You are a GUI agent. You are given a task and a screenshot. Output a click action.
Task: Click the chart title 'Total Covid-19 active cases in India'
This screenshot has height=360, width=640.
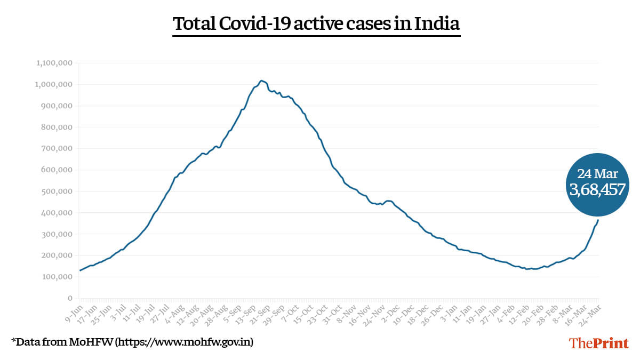click(316, 25)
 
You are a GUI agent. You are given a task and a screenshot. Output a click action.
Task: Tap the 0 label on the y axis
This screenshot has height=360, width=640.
click(69, 298)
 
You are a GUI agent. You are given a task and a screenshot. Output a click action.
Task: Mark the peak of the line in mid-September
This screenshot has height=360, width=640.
click(261, 81)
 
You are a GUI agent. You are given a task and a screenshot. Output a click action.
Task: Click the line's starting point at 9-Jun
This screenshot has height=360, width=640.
click(80, 270)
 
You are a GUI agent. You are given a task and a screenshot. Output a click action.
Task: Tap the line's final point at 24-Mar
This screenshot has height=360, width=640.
click(598, 220)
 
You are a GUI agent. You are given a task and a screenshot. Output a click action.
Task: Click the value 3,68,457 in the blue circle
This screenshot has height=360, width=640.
click(597, 189)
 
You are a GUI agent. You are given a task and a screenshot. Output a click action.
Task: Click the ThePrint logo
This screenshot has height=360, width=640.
click(599, 343)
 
